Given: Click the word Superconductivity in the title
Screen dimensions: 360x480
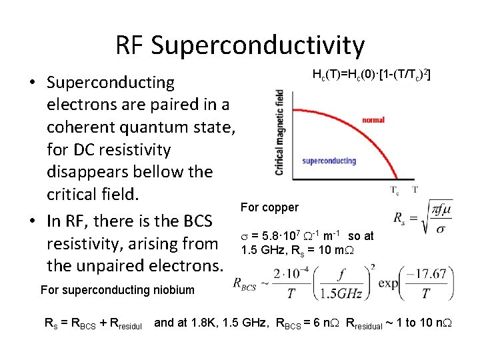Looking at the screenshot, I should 258,45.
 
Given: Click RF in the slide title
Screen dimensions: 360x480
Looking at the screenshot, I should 129,45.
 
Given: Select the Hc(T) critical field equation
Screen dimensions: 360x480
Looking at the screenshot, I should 371,75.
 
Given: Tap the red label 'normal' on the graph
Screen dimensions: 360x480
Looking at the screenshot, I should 373,120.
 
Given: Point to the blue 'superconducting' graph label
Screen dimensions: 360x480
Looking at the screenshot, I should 329,161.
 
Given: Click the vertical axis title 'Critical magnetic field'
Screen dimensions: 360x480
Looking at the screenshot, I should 279,133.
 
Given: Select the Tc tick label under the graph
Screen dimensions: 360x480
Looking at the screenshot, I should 395,189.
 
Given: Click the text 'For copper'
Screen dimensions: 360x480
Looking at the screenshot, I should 269,207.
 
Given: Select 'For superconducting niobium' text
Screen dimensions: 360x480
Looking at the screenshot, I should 117,289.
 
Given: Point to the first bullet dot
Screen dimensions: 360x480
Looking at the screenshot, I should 32,83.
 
